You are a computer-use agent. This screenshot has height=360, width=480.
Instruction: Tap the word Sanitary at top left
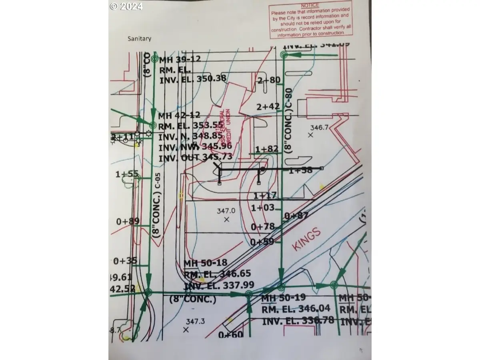139,39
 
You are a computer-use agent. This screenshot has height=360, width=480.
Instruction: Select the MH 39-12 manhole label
180,60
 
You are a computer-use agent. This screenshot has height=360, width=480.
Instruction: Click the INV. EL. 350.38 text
193,78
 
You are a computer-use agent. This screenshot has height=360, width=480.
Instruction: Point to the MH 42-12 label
180,116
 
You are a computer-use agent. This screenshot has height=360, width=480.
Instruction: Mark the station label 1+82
267,149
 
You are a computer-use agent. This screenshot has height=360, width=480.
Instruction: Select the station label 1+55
127,174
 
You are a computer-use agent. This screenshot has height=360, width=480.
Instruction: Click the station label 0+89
127,221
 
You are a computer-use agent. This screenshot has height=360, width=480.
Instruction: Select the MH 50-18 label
205,263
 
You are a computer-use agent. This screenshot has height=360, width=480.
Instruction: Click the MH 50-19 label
283,298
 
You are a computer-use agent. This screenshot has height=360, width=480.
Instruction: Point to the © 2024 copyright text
126,6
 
